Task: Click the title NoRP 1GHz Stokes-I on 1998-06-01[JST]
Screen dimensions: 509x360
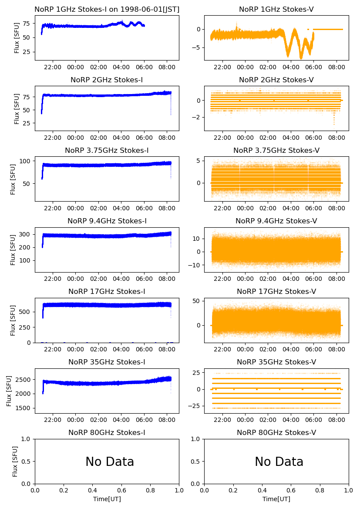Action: [107, 9]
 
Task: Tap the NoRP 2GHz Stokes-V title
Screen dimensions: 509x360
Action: [276, 80]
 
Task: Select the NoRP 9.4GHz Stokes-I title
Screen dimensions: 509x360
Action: [107, 221]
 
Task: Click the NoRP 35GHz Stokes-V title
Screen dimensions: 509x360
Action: [276, 362]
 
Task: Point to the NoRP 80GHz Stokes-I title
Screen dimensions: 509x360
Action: [107, 432]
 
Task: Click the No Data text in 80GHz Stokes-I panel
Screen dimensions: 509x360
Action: [110, 462]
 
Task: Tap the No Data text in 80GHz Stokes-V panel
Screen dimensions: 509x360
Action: [279, 462]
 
